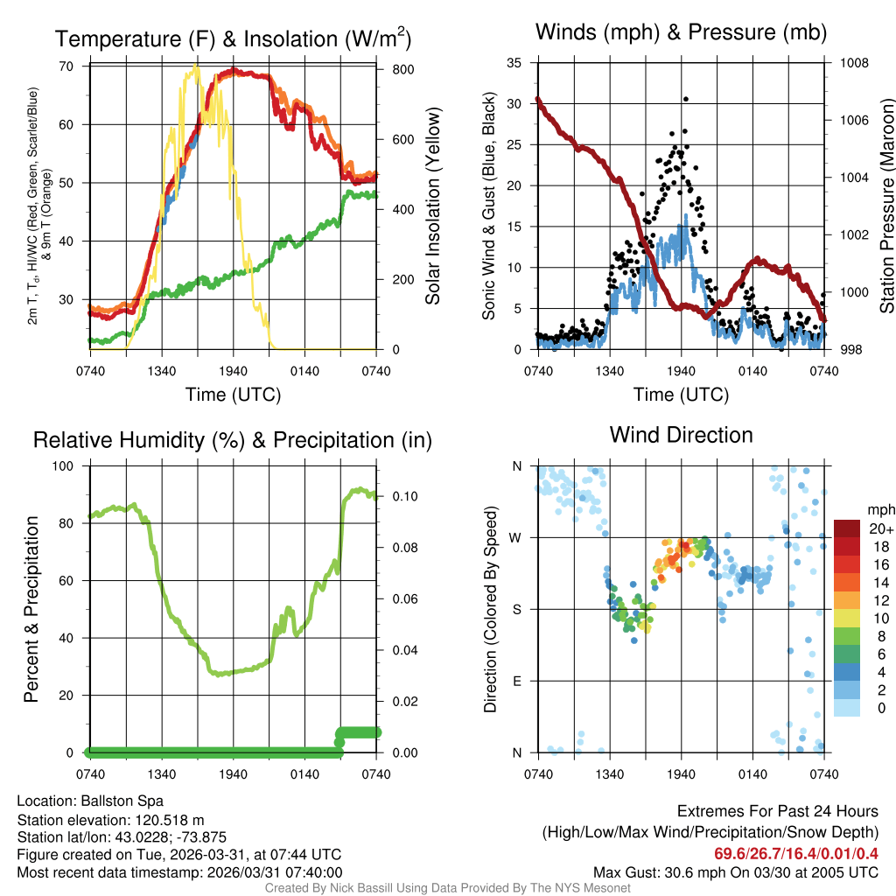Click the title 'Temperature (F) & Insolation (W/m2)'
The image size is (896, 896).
pyautogui.click(x=233, y=38)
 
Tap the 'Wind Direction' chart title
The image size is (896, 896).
pyautogui.click(x=681, y=434)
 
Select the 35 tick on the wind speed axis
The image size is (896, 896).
pyautogui.click(x=515, y=63)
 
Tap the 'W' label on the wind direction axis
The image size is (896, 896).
pyautogui.click(x=517, y=537)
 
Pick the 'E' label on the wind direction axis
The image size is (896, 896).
pyautogui.click(x=517, y=681)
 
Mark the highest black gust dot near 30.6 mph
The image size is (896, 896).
pyautogui.click(x=685, y=99)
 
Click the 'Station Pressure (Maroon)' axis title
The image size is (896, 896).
pyautogui.click(x=885, y=206)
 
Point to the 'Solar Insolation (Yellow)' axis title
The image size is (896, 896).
pyautogui.click(x=432, y=206)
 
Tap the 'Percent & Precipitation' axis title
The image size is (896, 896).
pyautogui.click(x=31, y=609)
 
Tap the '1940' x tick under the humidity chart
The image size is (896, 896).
pyautogui.click(x=233, y=773)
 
